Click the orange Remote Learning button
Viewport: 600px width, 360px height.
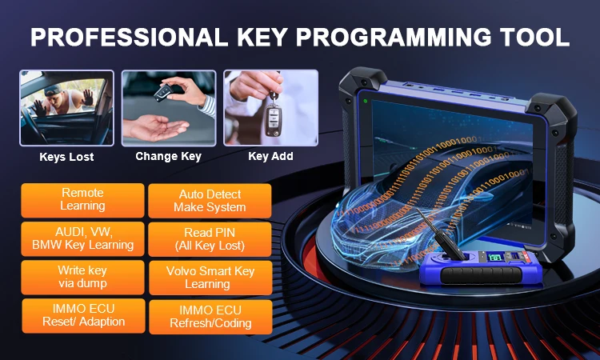pyautogui.click(x=82, y=200)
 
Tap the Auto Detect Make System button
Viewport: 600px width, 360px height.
pyautogui.click(x=210, y=201)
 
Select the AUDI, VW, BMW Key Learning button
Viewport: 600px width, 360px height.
pyautogui.click(x=82, y=238)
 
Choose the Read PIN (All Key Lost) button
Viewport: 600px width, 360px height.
pyautogui.click(x=210, y=239)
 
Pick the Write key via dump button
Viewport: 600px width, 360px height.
pyautogui.click(x=82, y=278)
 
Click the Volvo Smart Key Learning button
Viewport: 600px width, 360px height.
pyautogui.click(x=210, y=278)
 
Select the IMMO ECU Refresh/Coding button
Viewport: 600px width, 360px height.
pyautogui.click(x=210, y=317)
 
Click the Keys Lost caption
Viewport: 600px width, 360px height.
pyautogui.click(x=66, y=157)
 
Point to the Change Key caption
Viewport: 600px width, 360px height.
pyautogui.click(x=168, y=156)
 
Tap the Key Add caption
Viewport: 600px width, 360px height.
pyautogui.click(x=270, y=156)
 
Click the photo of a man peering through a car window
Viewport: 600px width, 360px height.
pyautogui.click(x=67, y=108)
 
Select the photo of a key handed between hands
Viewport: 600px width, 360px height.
pyautogui.click(x=168, y=108)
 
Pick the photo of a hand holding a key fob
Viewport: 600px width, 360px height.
pyautogui.click(x=270, y=108)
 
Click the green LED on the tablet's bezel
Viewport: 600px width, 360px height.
pyautogui.click(x=364, y=102)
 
